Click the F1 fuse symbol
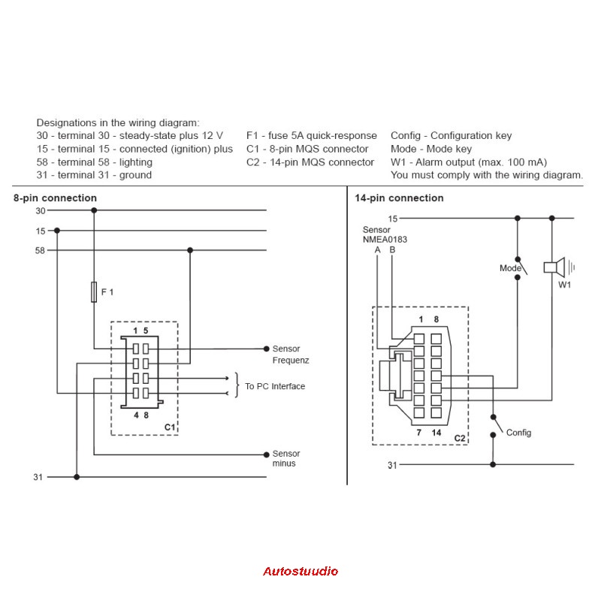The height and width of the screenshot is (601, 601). [94, 292]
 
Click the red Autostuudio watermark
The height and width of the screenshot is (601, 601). [300, 571]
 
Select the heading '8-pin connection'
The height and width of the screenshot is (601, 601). [55, 198]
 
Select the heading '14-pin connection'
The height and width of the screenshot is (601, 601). [399, 198]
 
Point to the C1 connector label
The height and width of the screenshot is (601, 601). [169, 427]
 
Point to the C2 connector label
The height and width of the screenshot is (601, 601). [460, 436]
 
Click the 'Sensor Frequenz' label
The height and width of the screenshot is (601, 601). [291, 355]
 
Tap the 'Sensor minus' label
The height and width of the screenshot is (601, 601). [285, 458]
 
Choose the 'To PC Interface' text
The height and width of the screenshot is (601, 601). [275, 386]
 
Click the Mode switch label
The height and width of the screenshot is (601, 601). [510, 268]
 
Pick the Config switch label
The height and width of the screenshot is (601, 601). [518, 433]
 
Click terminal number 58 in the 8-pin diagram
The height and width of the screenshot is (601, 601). [41, 250]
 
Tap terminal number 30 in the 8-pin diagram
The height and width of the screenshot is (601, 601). [41, 211]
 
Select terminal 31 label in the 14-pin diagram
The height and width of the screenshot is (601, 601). [391, 465]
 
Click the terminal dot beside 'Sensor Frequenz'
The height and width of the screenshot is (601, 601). [266, 349]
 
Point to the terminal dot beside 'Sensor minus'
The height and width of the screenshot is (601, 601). [266, 454]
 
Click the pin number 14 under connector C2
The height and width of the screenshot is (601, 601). [436, 433]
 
